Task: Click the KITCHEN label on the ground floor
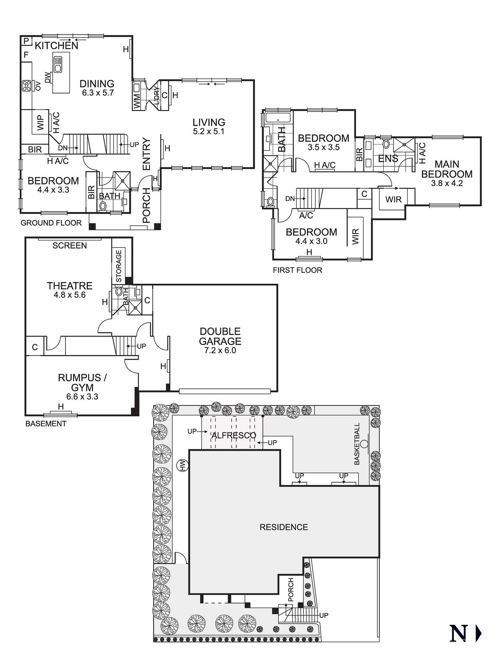coord(56,45)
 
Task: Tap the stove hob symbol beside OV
coord(27,86)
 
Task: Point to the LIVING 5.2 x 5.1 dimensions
coord(209,132)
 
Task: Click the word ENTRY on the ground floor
coord(147,154)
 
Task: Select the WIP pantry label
coord(40,122)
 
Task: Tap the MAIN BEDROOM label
coord(447,169)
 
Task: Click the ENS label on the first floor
coord(388,159)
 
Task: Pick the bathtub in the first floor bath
coord(278,119)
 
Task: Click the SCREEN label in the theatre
coord(70,245)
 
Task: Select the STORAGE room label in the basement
coord(119,266)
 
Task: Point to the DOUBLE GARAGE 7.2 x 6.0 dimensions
coord(220,351)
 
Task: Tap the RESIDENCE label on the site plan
coord(284,527)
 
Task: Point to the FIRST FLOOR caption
coord(297,270)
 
